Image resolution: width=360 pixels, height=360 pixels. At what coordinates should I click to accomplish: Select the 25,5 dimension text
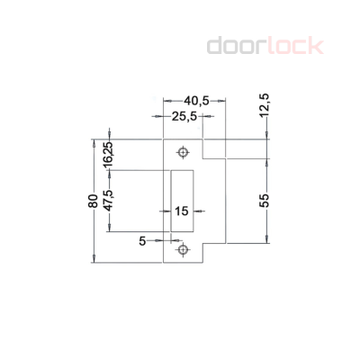(187, 116)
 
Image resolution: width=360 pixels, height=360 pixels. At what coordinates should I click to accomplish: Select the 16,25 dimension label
(107, 154)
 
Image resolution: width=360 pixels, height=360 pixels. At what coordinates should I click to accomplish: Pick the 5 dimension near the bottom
(142, 240)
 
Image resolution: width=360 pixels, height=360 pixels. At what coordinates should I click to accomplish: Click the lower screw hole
(183, 249)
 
